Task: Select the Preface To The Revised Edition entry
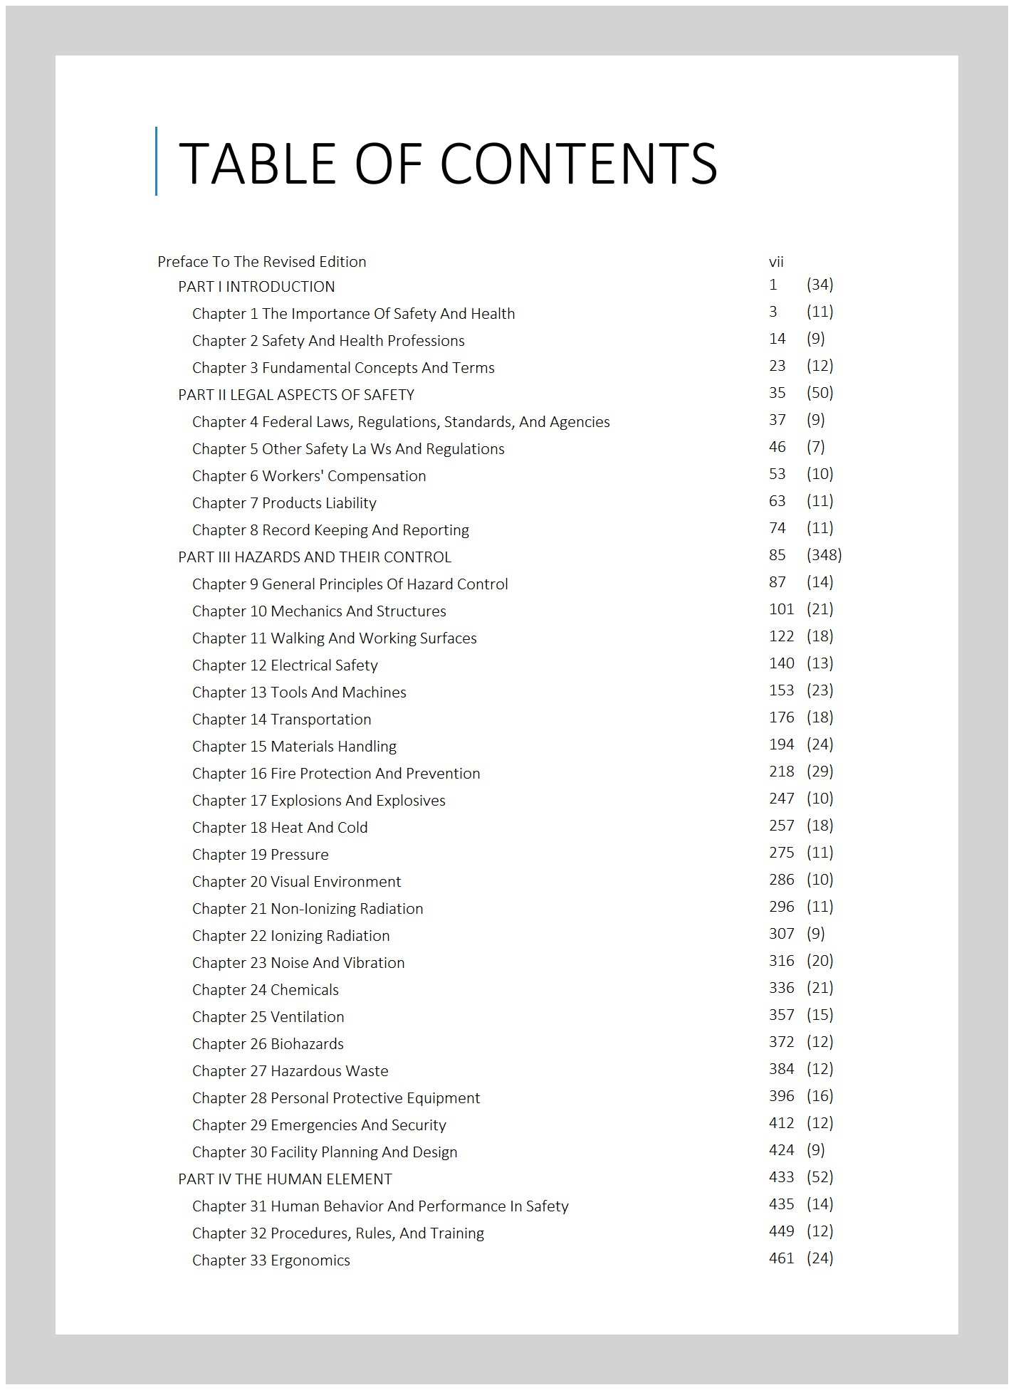[x=261, y=262]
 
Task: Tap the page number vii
[x=776, y=262]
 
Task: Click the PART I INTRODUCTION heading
[x=256, y=287]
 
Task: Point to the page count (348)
[x=824, y=555]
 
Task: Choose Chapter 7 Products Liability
[x=284, y=503]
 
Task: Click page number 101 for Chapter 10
[x=781, y=609]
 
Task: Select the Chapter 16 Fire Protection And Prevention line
[x=336, y=774]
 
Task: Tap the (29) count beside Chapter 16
[x=819, y=772]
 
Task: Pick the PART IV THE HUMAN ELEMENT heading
[x=285, y=1179]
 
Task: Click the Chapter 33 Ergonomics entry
[x=271, y=1260]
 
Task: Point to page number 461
[x=781, y=1258]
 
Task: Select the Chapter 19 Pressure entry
[x=261, y=855]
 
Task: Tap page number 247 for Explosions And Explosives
[x=781, y=799]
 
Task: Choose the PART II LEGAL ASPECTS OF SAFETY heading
[x=296, y=395]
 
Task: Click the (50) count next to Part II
[x=819, y=393]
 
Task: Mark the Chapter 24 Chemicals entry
[x=266, y=990]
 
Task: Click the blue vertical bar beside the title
[x=156, y=161]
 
